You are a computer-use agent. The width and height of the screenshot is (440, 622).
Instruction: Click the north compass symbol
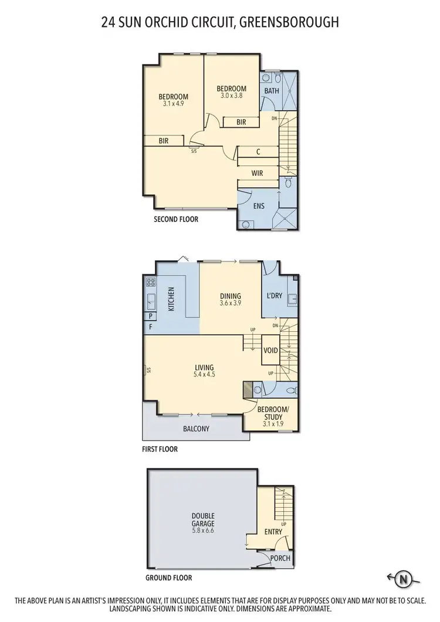click(403, 579)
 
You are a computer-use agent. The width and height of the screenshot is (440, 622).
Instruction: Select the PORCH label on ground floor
click(280, 558)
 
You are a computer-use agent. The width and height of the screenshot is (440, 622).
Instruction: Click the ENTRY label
click(273, 532)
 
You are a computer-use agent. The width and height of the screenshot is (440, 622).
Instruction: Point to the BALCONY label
click(197, 429)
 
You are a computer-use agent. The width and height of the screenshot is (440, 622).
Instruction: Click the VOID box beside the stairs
click(270, 351)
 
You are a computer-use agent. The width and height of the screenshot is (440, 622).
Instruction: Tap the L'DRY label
click(274, 296)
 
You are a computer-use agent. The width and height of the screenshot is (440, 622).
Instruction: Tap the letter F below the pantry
click(151, 327)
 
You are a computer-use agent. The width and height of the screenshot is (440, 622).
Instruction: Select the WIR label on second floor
click(257, 174)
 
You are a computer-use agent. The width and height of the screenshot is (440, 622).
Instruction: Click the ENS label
click(259, 206)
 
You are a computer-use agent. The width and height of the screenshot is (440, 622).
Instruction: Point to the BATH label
click(271, 91)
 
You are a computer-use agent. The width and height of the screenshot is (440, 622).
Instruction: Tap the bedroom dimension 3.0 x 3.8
click(231, 96)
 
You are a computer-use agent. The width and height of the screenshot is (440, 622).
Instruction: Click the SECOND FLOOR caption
click(176, 219)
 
